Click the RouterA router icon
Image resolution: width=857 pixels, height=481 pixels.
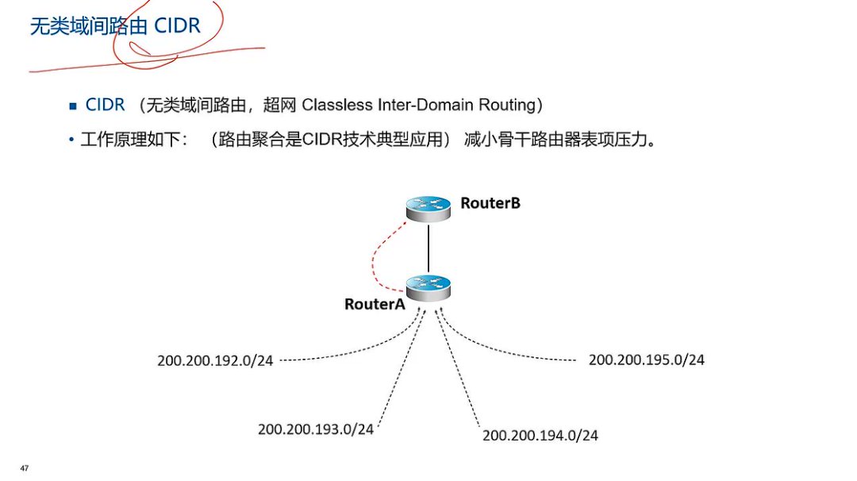(428, 287)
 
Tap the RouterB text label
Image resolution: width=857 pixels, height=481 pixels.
(490, 203)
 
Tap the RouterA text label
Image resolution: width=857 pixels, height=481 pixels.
(375, 304)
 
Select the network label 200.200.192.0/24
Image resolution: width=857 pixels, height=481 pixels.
(215, 360)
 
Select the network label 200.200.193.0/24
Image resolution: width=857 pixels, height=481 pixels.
(316, 429)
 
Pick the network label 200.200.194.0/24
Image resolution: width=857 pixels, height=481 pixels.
(540, 435)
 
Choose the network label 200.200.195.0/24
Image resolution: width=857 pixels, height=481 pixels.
(647, 360)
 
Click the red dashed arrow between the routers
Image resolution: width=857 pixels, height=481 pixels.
(375, 254)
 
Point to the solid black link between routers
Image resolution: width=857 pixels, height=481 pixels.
(428, 248)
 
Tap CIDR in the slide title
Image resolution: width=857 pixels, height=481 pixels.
(175, 26)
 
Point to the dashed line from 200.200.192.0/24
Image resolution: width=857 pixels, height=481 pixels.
(349, 355)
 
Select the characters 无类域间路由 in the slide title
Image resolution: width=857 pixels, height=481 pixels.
(87, 27)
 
